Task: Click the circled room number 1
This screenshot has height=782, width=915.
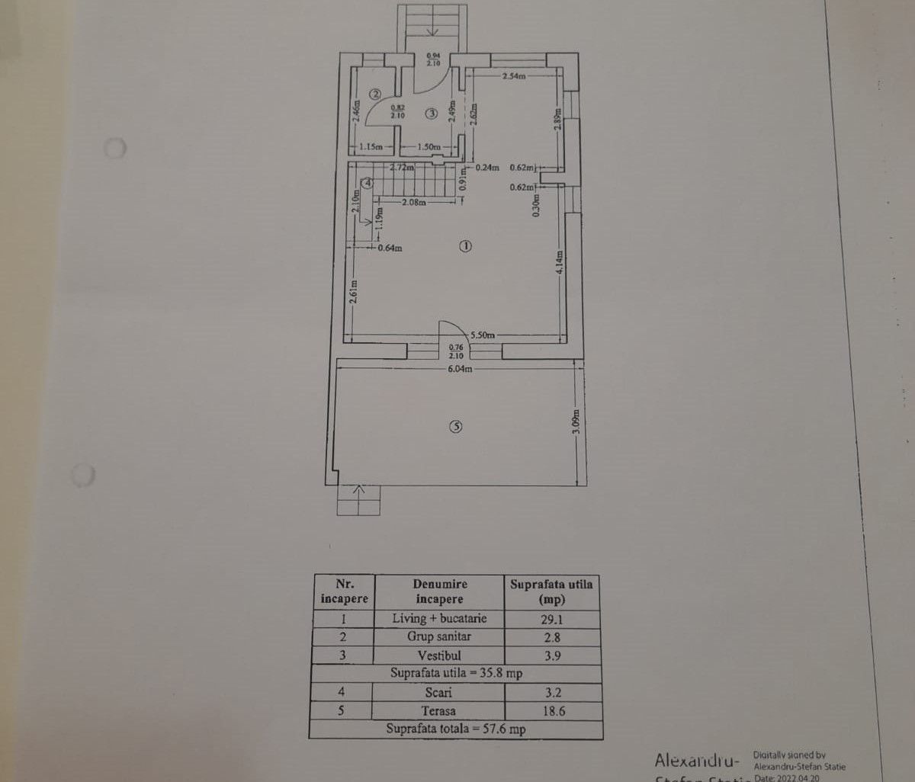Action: [466, 246]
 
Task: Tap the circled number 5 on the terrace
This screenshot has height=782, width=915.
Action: [456, 428]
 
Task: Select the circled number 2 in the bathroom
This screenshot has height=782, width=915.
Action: [375, 95]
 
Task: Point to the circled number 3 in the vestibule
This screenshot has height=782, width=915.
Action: [432, 114]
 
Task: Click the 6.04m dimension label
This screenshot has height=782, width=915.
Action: [460, 369]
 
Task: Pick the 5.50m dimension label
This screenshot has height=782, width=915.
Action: [483, 335]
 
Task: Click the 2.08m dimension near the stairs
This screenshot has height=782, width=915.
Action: [414, 203]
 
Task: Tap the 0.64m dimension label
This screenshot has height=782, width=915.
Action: [390, 247]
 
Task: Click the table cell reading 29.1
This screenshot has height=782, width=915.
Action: [552, 619]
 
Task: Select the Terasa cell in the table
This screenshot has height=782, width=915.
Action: [438, 711]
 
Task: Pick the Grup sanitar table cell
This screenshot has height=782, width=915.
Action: [438, 637]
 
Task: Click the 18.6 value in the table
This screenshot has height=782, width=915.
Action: [552, 711]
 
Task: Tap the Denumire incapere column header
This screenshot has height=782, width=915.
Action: [439, 591]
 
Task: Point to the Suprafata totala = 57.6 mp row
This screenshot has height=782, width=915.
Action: [455, 729]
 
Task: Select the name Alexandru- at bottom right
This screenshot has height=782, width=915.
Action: [696, 760]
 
